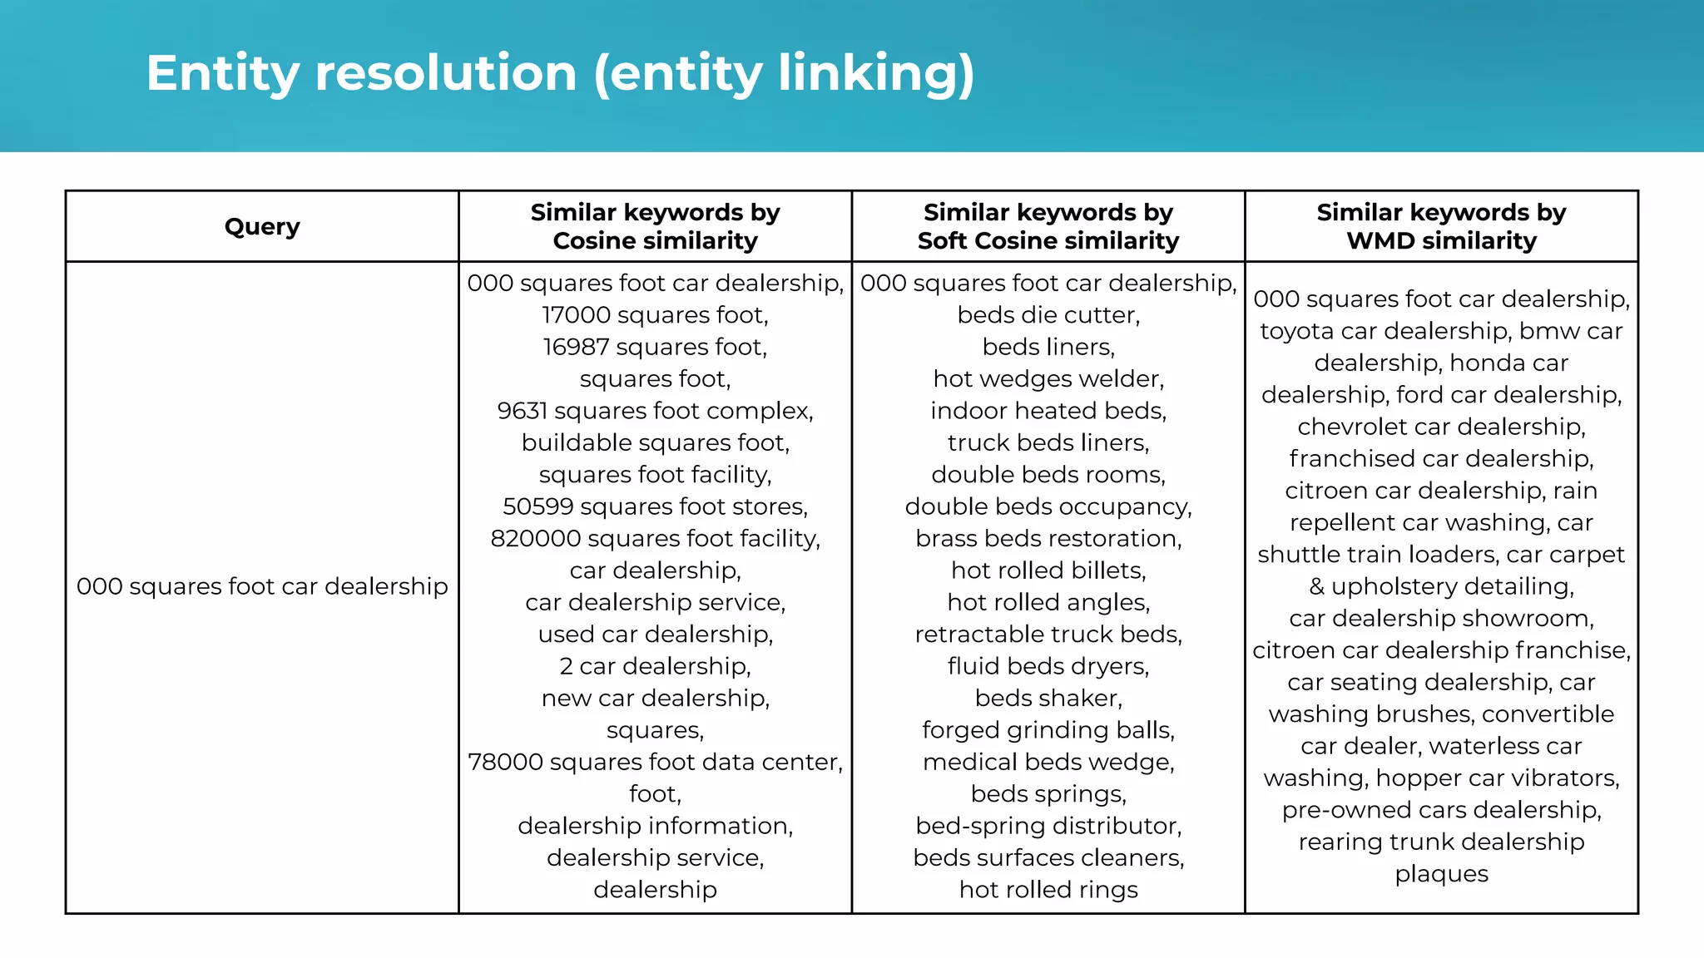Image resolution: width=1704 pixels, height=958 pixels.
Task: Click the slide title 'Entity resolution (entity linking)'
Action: coord(560,73)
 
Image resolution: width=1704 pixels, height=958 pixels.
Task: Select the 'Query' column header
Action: coord(262,226)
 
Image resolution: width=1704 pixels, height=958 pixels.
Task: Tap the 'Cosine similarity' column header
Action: coord(655,226)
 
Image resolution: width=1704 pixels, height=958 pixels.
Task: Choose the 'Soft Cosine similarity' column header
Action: coord(1048,226)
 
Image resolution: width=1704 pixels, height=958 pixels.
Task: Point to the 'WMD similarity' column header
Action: coord(1441,226)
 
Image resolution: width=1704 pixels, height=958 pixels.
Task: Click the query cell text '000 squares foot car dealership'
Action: coord(262,586)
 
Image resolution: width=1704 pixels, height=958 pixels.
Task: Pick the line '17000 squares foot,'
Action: coord(655,315)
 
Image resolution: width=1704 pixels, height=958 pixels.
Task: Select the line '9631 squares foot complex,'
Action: coord(655,411)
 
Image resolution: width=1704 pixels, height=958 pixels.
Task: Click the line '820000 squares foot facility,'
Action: coord(655,539)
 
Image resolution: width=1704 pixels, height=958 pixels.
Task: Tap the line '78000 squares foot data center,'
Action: coord(655,762)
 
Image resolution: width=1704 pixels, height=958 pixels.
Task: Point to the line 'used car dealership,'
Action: coord(655,635)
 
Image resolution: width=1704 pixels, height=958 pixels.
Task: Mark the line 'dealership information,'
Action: coord(655,826)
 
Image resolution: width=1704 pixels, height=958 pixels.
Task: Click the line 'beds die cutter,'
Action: coord(1048,315)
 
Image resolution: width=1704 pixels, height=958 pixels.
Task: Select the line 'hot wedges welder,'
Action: coord(1048,379)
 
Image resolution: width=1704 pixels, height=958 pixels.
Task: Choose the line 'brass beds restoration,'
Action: coord(1048,539)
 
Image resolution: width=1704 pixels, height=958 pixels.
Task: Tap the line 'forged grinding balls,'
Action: coord(1048,730)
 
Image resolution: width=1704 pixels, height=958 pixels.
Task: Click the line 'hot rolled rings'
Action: coord(1048,890)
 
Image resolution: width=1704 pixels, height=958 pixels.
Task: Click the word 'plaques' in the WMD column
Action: coord(1441,874)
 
